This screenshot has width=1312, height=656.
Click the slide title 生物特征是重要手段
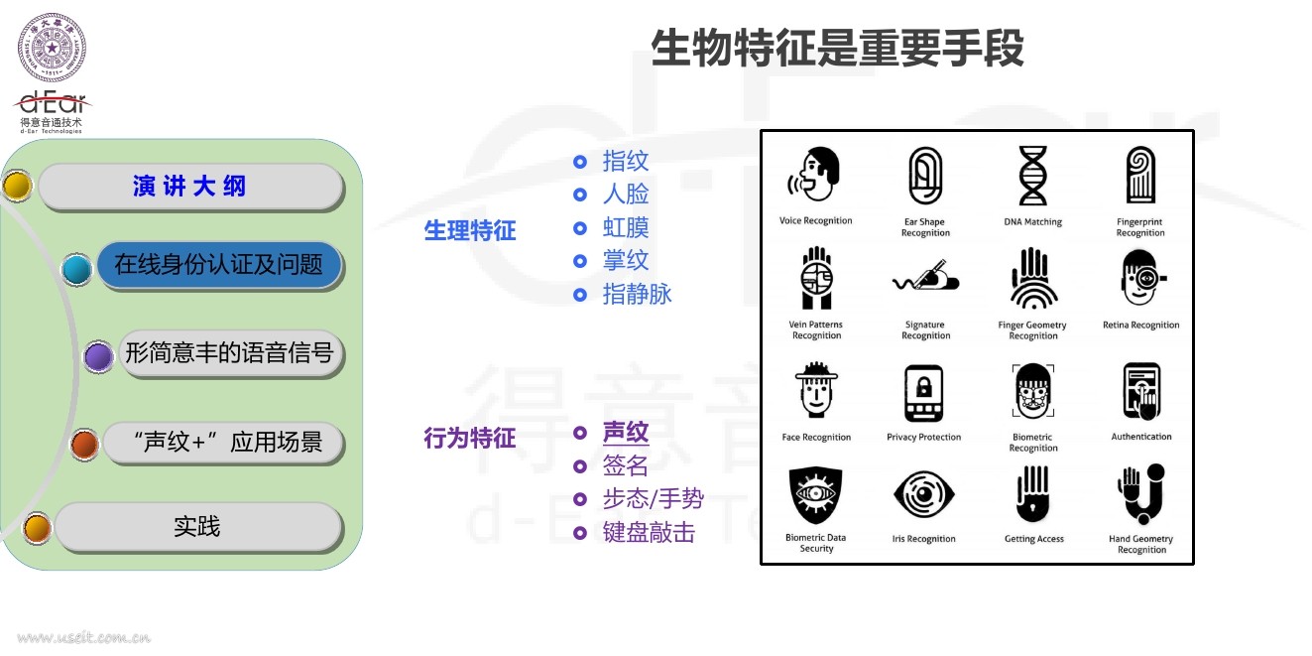coord(837,48)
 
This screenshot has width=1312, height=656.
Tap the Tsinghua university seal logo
coord(52,48)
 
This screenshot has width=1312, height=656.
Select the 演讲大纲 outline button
coord(189,186)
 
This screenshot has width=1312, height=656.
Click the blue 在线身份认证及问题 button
coord(218,265)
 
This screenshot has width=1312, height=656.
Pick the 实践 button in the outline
coord(197,527)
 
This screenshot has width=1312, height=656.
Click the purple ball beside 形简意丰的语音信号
coord(98,356)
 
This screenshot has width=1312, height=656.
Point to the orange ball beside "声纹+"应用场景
coord(84,445)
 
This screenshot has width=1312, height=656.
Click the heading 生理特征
coord(470,231)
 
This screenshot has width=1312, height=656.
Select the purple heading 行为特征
coord(470,438)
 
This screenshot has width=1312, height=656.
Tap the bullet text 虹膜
coord(626,228)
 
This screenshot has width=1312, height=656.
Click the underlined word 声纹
coord(626,433)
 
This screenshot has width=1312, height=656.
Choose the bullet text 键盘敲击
coord(649,533)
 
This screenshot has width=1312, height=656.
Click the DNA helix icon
coord(1032,176)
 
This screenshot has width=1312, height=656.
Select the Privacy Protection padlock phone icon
coord(923,393)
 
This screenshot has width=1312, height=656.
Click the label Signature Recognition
coord(925,330)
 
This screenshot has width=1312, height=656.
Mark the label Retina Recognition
coord(1140,326)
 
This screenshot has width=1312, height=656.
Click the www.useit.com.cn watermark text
coord(83,637)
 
